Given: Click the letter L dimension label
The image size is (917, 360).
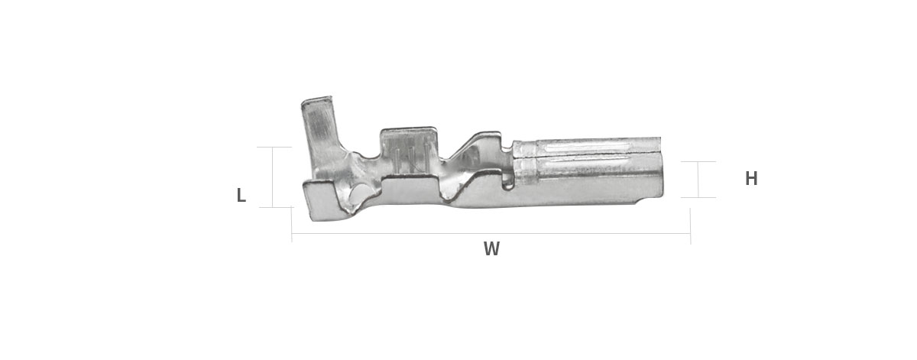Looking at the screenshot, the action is [241, 196].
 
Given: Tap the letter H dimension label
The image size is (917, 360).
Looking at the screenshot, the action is [750, 179].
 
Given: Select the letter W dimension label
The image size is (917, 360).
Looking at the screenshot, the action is [491, 248].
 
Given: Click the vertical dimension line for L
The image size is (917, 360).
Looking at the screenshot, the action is [272, 177].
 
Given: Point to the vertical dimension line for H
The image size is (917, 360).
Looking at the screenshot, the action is [698, 180].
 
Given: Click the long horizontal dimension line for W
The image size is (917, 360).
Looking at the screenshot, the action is [491, 234].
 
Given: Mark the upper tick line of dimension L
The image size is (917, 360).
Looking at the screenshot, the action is [274, 147].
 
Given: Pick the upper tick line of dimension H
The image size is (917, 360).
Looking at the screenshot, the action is [698, 162].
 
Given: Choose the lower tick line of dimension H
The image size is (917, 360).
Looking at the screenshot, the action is [698, 197].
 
